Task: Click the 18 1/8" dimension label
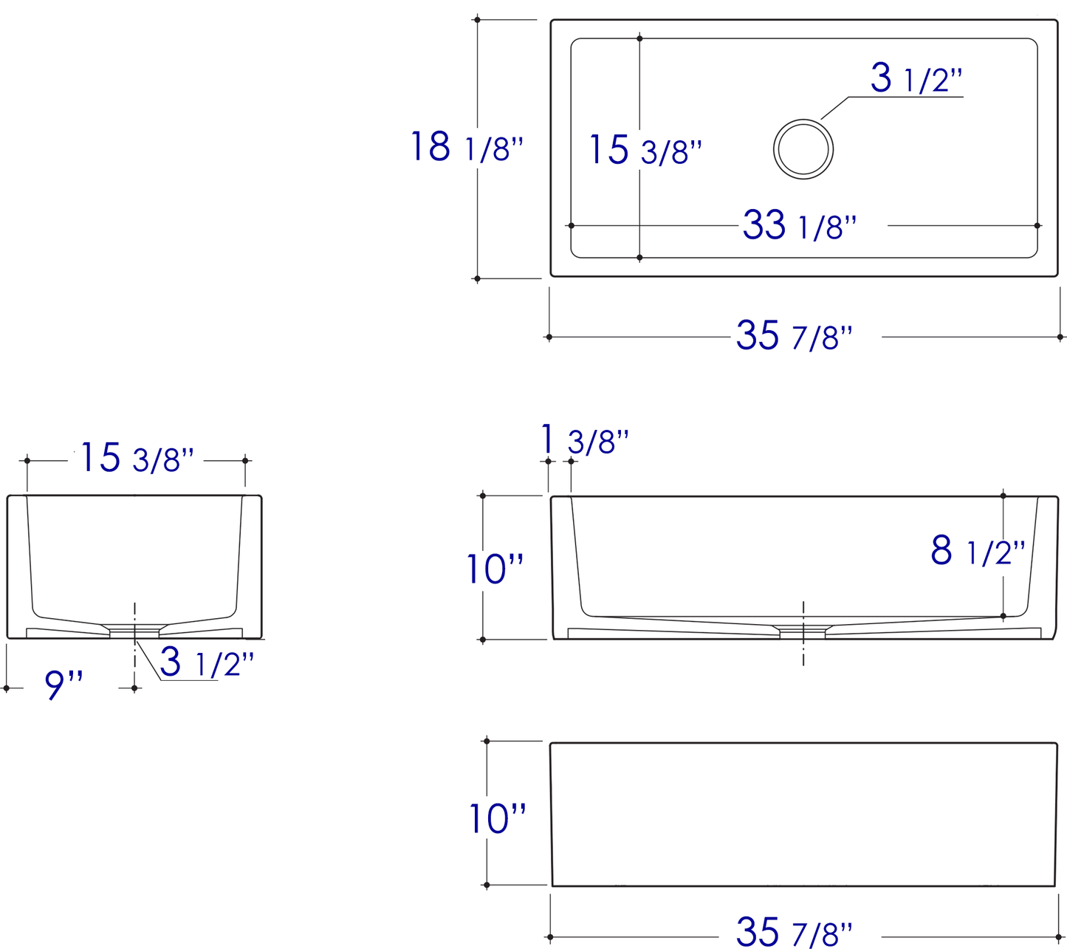(x=467, y=146)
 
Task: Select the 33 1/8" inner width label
(x=800, y=225)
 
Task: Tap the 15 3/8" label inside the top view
(x=645, y=150)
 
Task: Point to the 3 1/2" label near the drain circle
(x=917, y=78)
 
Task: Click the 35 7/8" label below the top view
(x=795, y=336)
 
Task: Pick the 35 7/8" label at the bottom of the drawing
(x=795, y=931)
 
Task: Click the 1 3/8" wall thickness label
(x=585, y=439)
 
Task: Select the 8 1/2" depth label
(x=978, y=551)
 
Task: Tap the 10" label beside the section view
(x=495, y=569)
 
